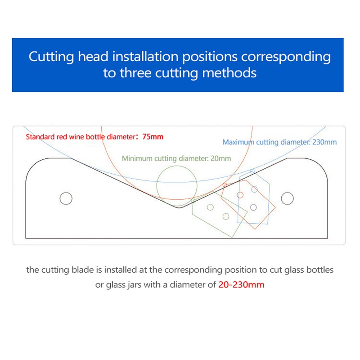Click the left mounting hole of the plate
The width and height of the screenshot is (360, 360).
pos(66,198)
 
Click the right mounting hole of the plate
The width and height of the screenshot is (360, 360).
pos(287,198)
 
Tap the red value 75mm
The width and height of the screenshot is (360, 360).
pos(153,137)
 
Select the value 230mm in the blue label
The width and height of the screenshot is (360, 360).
pos(325,142)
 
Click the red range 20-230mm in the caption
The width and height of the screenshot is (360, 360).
pos(242,284)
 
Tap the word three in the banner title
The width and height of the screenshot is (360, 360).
pos(138,73)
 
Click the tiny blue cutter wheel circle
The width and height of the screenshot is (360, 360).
pos(252,171)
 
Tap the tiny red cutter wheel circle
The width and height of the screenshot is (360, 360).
pos(225,185)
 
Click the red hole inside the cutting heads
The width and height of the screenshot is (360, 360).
pos(240,195)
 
